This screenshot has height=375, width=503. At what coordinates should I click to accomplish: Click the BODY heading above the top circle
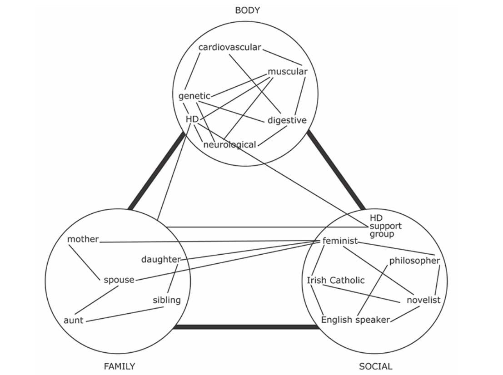coord(247,10)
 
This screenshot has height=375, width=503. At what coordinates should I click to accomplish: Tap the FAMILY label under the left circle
coord(119,366)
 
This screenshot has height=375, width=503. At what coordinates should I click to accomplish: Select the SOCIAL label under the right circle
coord(375,366)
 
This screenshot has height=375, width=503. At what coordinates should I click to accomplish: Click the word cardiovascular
coord(229,47)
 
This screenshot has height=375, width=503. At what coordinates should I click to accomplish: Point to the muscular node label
coord(287,71)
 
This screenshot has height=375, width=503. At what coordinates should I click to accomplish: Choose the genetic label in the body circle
coord(194,96)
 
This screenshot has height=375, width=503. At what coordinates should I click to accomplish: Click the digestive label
coord(287,120)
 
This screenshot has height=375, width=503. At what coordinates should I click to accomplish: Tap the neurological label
coord(229,145)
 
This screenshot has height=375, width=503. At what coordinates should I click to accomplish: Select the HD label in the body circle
coord(192,119)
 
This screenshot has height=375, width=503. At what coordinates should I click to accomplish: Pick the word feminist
coord(340,241)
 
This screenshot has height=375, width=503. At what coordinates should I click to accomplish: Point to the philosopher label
coord(414,261)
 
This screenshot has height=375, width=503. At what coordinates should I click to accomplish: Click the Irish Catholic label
coord(335,280)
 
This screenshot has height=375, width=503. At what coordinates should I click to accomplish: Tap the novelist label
coord(423,300)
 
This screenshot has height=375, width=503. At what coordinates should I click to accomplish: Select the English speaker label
coord(355,320)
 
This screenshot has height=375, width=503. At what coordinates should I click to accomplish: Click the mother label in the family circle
coord(83,239)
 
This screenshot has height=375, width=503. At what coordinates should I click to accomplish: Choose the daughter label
coord(161,260)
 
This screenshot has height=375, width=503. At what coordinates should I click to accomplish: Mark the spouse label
coord(119,280)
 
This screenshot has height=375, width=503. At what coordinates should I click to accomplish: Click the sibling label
coord(167,300)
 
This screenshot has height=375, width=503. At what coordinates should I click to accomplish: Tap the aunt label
coord(74,321)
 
